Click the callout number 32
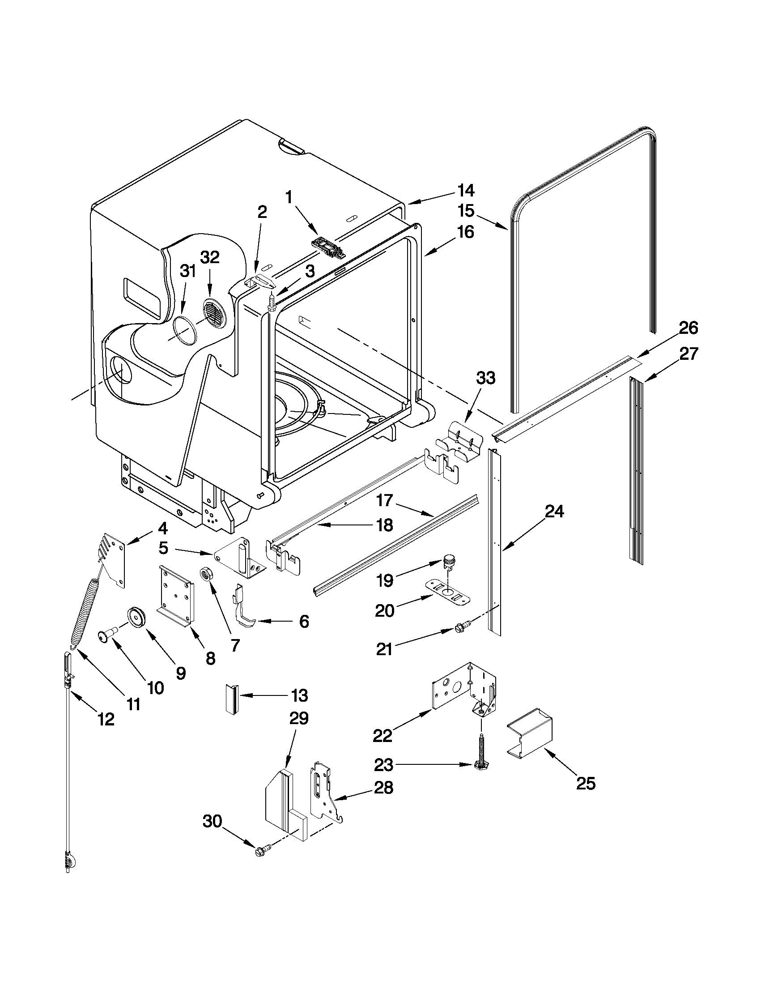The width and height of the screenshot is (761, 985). tap(210, 257)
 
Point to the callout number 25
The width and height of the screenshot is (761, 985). tap(586, 784)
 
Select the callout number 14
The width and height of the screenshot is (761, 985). tap(466, 191)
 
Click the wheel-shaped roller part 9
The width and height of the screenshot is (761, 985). tap(135, 617)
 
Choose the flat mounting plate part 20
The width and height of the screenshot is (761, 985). tap(448, 591)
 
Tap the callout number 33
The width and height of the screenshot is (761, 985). tap(485, 378)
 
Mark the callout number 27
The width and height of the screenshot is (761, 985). tap(689, 354)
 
